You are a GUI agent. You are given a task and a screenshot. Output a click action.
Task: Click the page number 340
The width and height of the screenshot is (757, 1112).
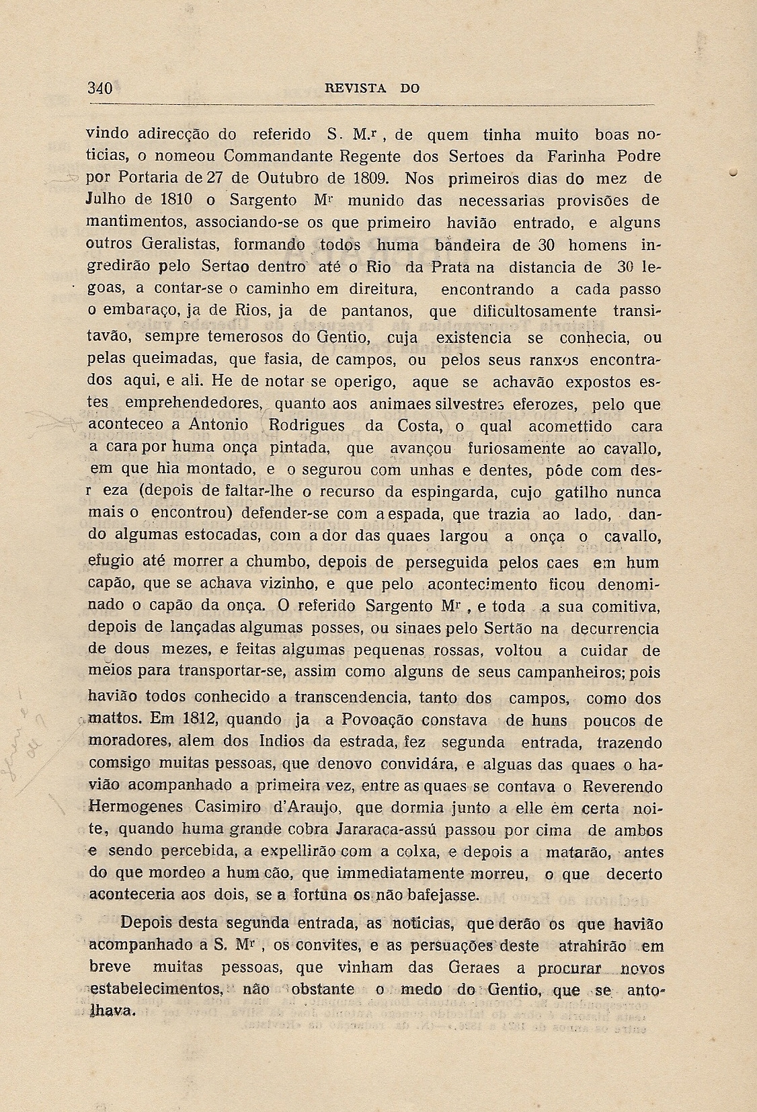click(x=99, y=88)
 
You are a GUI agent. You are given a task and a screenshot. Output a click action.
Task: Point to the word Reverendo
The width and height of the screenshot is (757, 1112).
click(x=623, y=786)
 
